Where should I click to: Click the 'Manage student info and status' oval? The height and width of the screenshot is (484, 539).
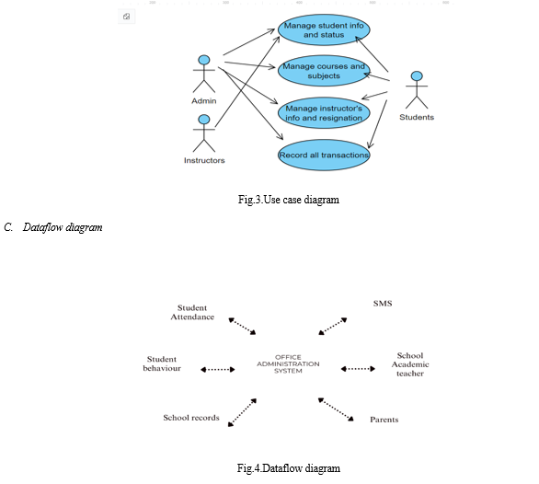pyautogui.click(x=324, y=30)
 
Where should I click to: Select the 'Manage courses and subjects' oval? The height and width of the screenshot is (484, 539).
pyautogui.click(x=324, y=71)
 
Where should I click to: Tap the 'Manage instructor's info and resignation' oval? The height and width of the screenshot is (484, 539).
pyautogui.click(x=324, y=113)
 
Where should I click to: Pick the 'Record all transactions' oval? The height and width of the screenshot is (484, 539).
pyautogui.click(x=324, y=155)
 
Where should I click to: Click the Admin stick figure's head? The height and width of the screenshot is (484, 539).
pyautogui.click(x=204, y=60)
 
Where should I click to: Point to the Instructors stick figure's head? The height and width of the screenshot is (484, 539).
pyautogui.click(x=204, y=120)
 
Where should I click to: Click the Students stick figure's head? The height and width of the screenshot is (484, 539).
pyautogui.click(x=417, y=76)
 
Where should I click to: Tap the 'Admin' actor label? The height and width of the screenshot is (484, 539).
pyautogui.click(x=204, y=101)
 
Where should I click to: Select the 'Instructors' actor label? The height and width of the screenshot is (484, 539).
pyautogui.click(x=204, y=160)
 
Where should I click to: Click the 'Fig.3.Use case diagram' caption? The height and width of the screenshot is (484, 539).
pyautogui.click(x=289, y=200)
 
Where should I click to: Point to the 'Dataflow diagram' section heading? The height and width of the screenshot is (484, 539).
pyautogui.click(x=63, y=227)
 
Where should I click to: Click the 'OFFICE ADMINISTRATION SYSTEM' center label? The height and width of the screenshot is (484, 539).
pyautogui.click(x=288, y=364)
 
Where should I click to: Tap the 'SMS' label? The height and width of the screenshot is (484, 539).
pyautogui.click(x=383, y=304)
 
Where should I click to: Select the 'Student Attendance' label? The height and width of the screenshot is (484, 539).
pyautogui.click(x=192, y=312)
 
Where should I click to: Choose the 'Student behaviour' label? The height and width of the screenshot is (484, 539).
pyautogui.click(x=162, y=363)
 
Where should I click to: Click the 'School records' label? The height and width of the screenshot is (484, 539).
pyautogui.click(x=191, y=418)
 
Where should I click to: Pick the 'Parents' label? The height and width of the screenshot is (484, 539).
pyautogui.click(x=384, y=420)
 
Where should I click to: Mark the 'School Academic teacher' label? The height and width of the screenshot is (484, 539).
pyautogui.click(x=410, y=364)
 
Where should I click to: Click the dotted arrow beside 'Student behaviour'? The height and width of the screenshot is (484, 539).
pyautogui.click(x=218, y=370)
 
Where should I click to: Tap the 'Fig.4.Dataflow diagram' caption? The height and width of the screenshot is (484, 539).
pyautogui.click(x=289, y=468)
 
